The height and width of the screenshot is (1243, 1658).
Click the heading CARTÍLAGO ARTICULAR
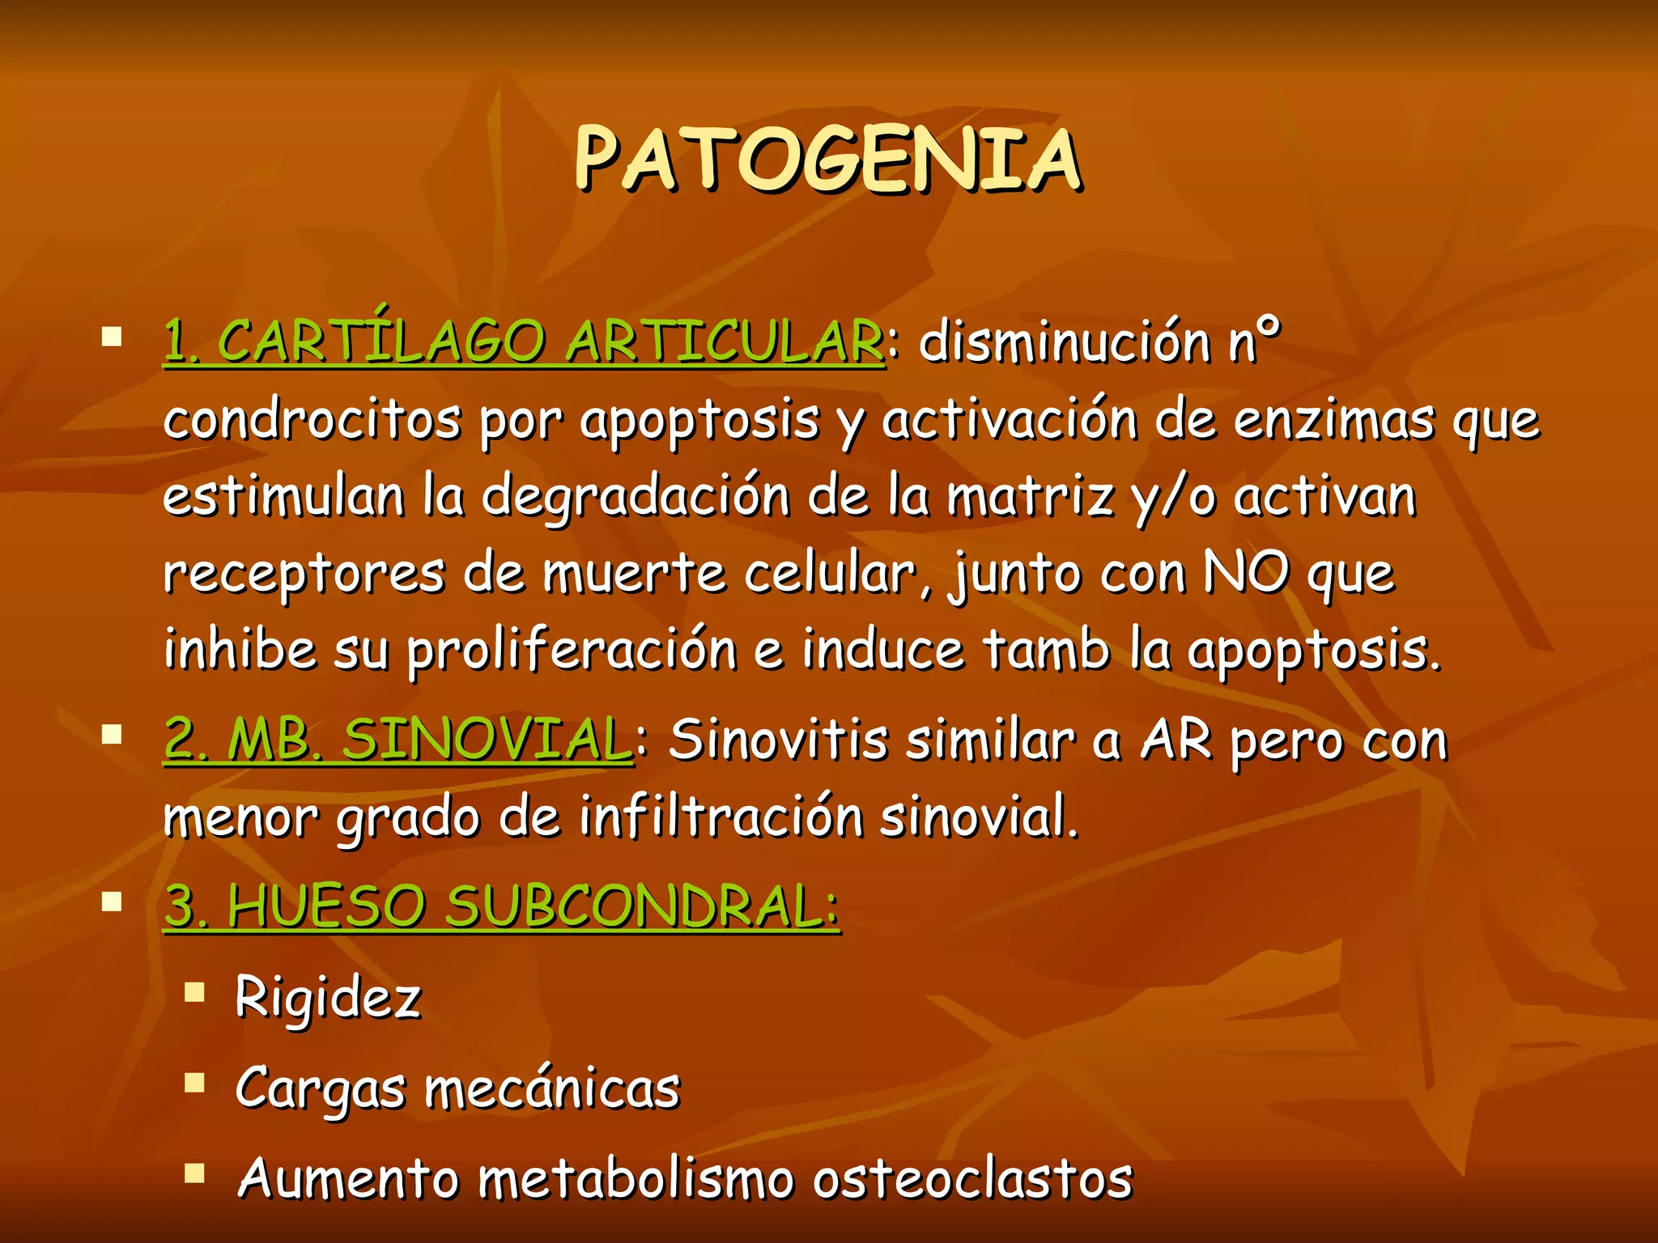(551, 342)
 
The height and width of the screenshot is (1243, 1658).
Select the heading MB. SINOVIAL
(429, 740)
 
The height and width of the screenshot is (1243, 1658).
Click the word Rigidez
(328, 997)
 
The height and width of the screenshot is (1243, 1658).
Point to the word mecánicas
(552, 1088)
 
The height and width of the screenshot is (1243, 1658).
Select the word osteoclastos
(971, 1178)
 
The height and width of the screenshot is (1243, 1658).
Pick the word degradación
(636, 495)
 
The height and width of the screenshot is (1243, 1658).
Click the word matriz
(1031, 495)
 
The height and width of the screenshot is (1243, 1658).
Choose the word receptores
(304, 573)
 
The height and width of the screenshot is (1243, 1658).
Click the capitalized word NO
(1245, 573)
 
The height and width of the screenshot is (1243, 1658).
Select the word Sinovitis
(778, 740)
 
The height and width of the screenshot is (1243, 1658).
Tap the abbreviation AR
(1176, 740)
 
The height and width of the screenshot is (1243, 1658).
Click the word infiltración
(721, 816)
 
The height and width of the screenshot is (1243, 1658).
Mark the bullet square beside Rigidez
(194, 992)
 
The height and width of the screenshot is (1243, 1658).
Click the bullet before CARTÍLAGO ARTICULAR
(112, 337)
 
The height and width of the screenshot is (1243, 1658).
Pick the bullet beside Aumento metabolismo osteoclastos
(194, 1173)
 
